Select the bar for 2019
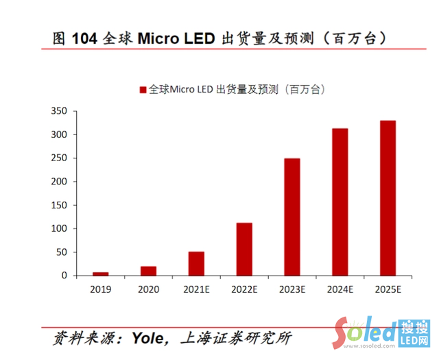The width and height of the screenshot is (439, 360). [101, 274]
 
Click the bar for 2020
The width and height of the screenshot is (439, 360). [148, 271]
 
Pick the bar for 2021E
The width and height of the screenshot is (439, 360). [196, 263]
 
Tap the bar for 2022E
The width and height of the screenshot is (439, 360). [244, 249]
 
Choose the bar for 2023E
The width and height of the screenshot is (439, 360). [292, 217]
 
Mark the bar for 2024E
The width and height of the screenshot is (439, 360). [340, 202]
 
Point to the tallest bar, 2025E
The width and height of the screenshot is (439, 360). [388, 198]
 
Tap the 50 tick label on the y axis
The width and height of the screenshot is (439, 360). [61, 252]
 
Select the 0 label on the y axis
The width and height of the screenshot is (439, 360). [64, 276]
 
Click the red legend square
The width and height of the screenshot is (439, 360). [143, 90]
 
